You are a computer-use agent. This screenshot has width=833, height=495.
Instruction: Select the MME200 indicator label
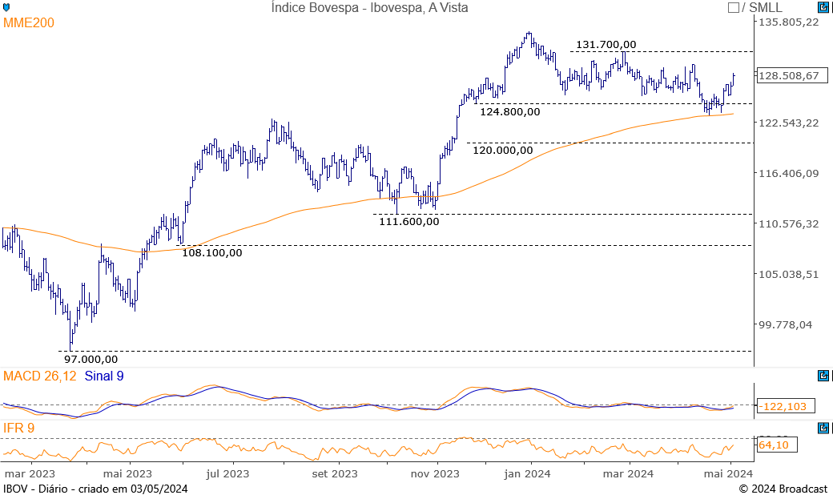tap(29, 23)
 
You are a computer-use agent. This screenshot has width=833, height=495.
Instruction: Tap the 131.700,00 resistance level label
tap(606, 45)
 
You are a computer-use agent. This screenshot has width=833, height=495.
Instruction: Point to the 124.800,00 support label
tap(509, 112)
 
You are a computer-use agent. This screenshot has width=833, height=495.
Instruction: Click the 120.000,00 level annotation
tap(502, 150)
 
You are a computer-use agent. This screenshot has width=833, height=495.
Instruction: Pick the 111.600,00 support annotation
tap(408, 222)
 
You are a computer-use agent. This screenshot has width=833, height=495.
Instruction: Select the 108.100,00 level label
tap(211, 253)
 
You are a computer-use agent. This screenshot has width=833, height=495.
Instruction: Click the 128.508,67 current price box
tap(788, 76)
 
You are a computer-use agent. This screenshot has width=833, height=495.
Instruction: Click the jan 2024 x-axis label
tap(527, 474)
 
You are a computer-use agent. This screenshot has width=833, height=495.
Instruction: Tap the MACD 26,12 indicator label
tap(40, 376)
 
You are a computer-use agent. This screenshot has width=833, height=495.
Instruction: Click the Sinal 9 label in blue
tap(103, 376)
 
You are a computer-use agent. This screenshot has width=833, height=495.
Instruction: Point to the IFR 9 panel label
tap(19, 429)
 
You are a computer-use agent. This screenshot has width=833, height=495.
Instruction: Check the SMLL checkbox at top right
tap(733, 8)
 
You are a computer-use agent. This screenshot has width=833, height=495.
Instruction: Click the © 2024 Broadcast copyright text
tap(783, 489)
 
